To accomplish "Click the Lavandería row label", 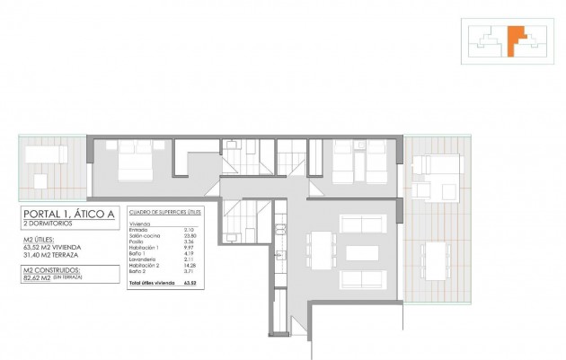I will [x=143, y=259].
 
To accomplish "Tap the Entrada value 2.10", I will [x=187, y=230].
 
